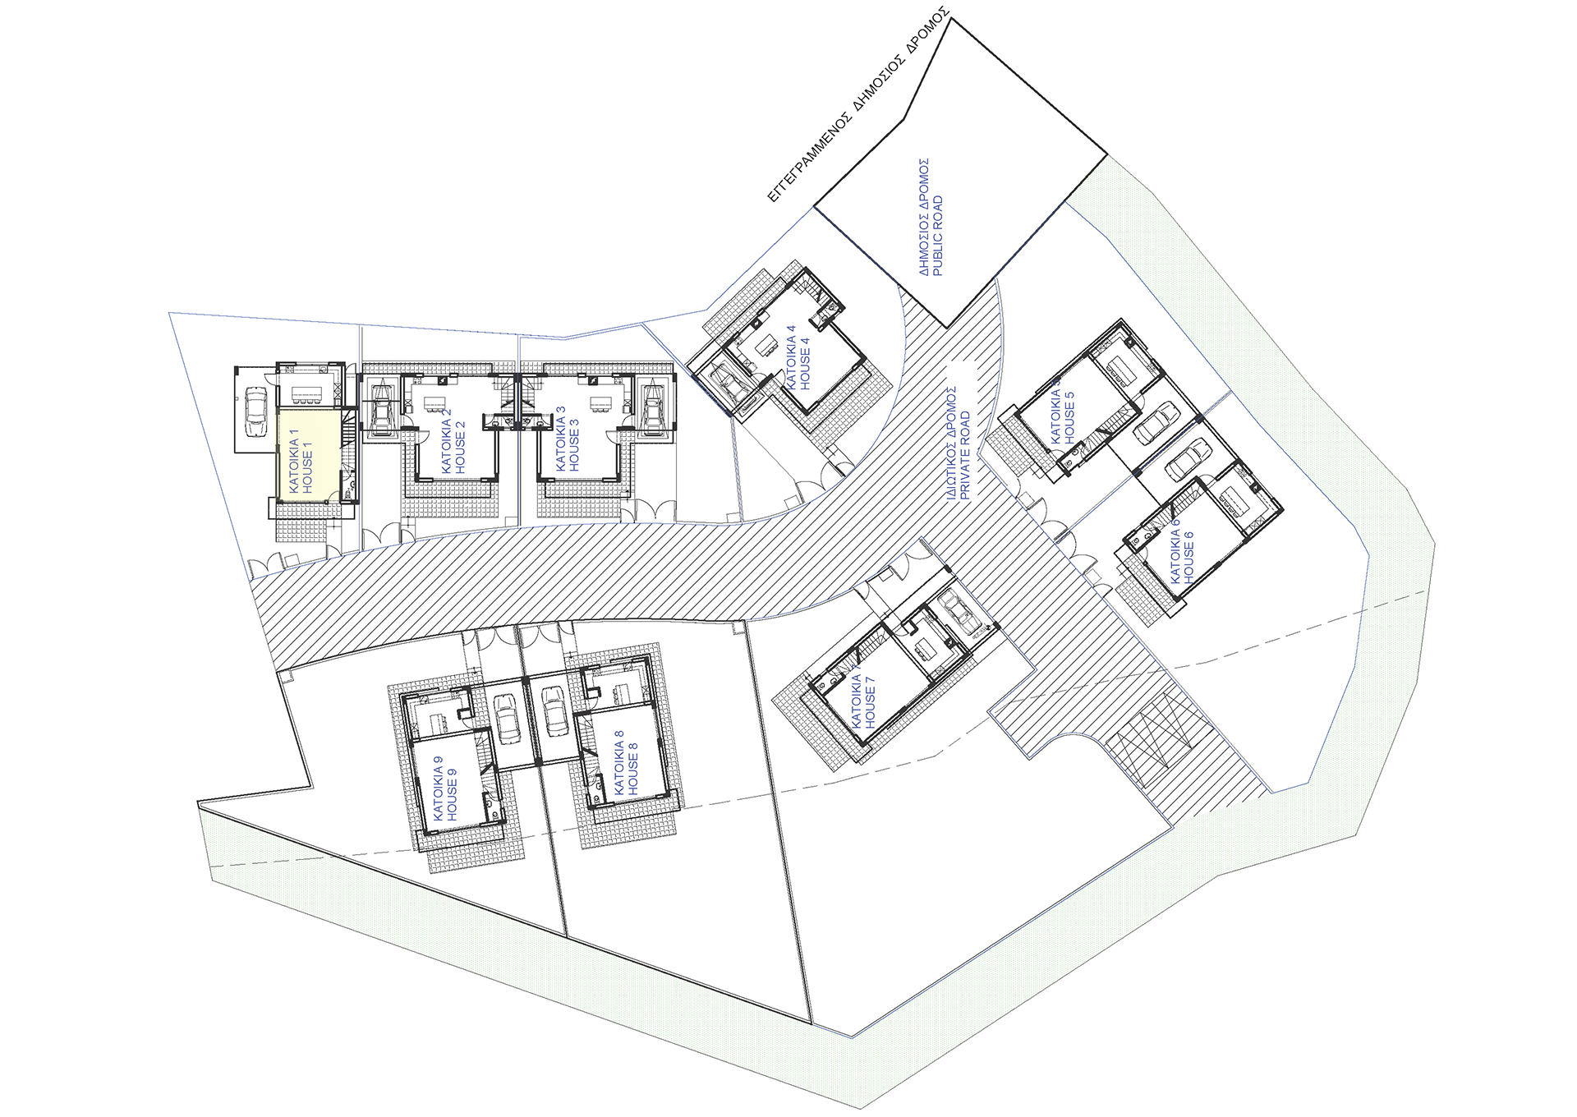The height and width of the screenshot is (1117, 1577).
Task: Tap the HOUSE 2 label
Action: click(460, 447)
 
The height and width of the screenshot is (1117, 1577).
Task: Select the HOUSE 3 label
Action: click(574, 445)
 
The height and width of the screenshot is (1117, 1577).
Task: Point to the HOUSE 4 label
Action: click(805, 363)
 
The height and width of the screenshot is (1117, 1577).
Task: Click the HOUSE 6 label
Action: click(1189, 558)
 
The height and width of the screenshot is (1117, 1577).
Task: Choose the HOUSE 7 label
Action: click(871, 702)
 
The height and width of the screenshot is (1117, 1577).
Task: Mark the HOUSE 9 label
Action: click(452, 794)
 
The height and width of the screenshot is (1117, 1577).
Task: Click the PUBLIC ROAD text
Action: click(938, 235)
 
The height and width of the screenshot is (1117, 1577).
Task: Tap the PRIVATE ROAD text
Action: click(965, 455)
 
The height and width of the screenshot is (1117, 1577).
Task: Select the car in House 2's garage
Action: click(382, 408)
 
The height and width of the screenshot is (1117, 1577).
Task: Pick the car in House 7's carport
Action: click(962, 611)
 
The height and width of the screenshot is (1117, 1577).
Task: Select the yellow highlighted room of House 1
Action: click(307, 455)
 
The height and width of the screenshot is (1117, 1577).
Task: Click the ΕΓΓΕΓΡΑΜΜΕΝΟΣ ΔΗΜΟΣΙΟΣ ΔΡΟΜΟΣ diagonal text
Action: click(858, 105)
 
